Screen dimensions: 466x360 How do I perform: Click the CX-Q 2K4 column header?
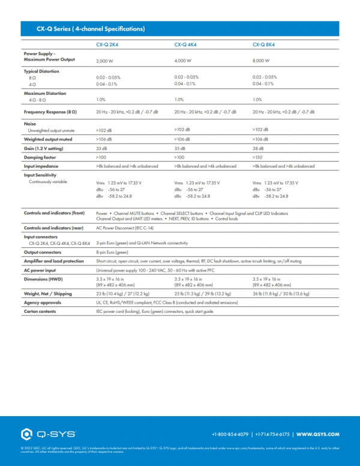[x=108, y=44]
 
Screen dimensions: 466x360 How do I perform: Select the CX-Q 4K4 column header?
[x=186, y=44]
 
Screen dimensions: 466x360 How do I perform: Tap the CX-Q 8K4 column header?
[x=265, y=44]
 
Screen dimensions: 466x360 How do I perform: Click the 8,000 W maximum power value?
[x=262, y=61]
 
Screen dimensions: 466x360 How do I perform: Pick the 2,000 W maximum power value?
[x=105, y=61]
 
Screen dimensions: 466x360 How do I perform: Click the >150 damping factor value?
[x=259, y=157]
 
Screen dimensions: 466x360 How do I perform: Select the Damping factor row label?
[x=40, y=157]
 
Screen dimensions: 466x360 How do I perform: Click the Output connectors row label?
[x=43, y=253]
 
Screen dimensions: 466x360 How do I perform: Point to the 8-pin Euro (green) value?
[x=111, y=253]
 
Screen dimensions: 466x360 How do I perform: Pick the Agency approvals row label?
[x=42, y=303]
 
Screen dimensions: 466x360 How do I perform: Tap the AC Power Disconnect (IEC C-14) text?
[x=124, y=228]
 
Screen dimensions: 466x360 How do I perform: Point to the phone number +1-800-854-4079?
[x=230, y=434]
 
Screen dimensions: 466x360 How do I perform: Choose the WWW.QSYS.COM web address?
[x=318, y=434]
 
